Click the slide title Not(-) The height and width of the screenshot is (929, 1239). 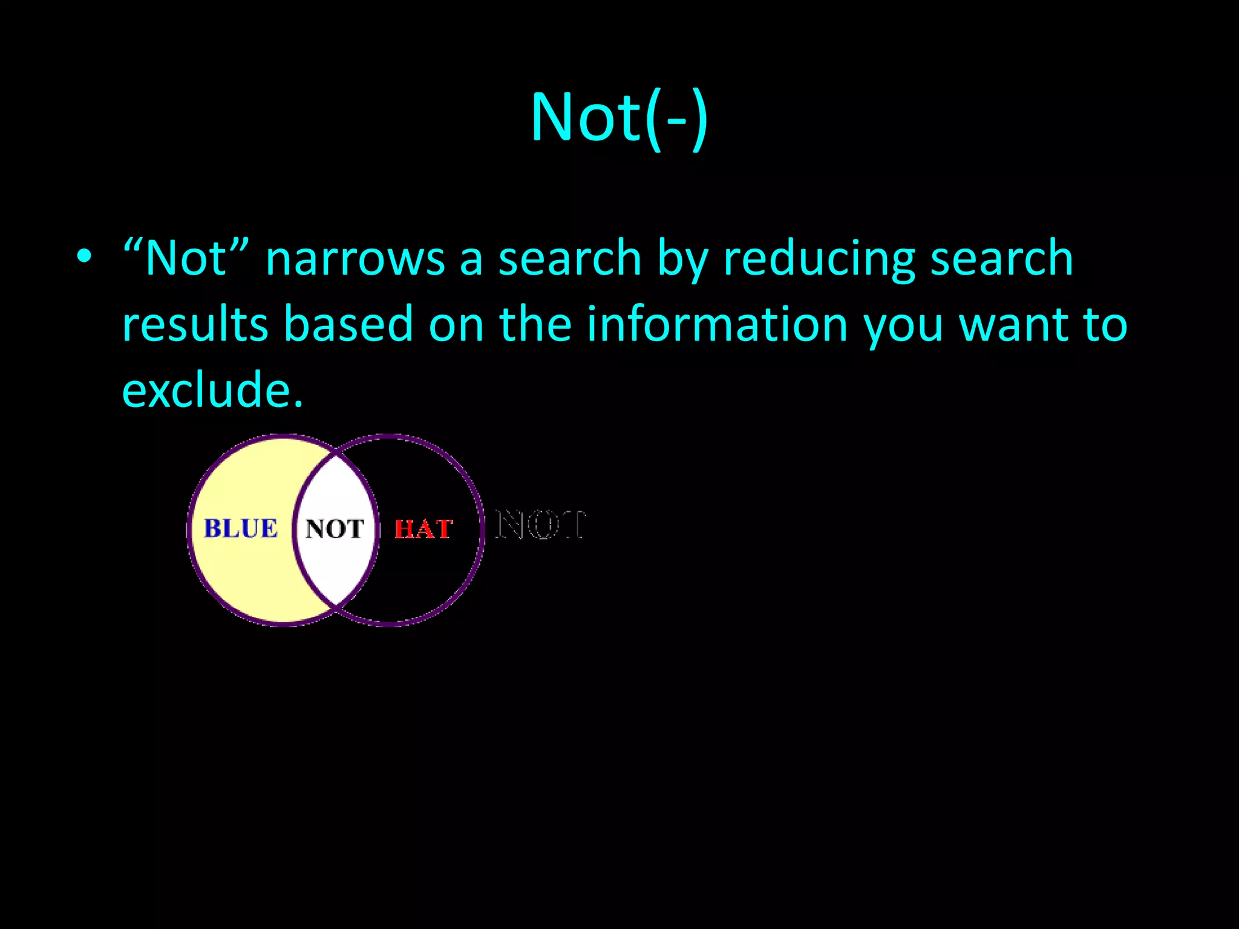coord(619,118)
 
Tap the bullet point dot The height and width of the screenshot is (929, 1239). coord(84,256)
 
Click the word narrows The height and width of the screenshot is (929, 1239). coord(355,259)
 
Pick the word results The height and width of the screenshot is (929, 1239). coord(195,324)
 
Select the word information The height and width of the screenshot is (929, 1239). coord(717,324)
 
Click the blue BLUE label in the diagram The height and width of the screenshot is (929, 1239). coord(241,529)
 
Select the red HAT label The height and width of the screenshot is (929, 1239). coord(423,530)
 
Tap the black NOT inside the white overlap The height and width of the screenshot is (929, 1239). coord(335,529)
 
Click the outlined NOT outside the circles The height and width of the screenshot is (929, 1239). coord(540,524)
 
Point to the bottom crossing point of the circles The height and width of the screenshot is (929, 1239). coord(336,605)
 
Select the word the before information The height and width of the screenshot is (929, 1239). coord(535,324)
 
